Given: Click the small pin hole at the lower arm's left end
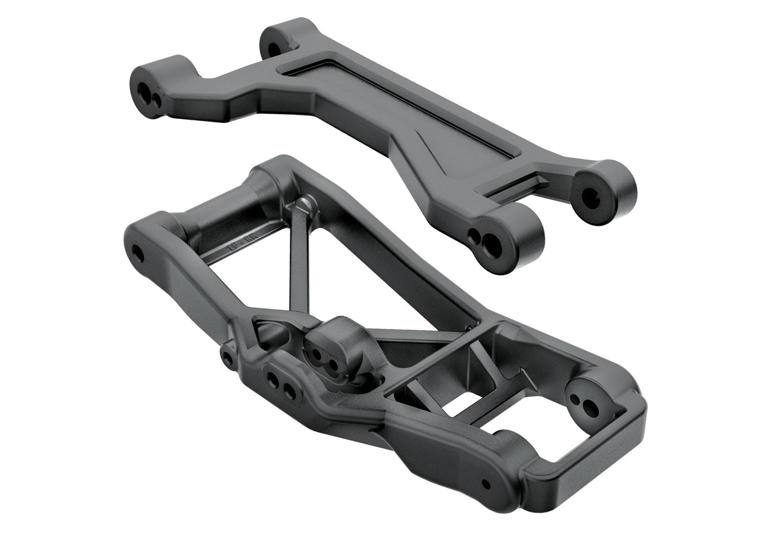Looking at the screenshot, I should [x=138, y=252].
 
